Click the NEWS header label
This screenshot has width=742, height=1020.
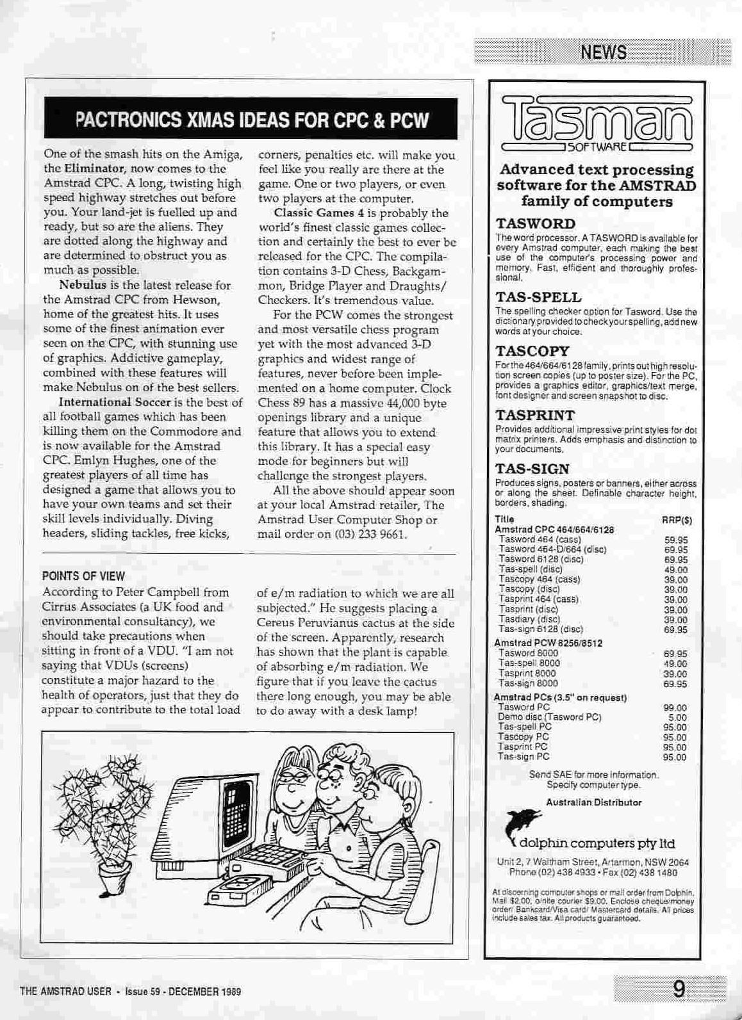pos(603,52)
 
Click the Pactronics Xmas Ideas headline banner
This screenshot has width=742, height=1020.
pos(251,120)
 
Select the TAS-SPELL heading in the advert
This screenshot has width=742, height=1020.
pos(538,297)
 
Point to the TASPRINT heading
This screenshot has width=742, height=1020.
pos(535,415)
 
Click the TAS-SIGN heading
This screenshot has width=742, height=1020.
pos(532,469)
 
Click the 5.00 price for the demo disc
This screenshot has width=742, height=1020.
pos(677,718)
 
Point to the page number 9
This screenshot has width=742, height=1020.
pos(679,990)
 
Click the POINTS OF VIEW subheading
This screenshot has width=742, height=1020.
pos(83,576)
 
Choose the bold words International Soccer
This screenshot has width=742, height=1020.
pos(115,402)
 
